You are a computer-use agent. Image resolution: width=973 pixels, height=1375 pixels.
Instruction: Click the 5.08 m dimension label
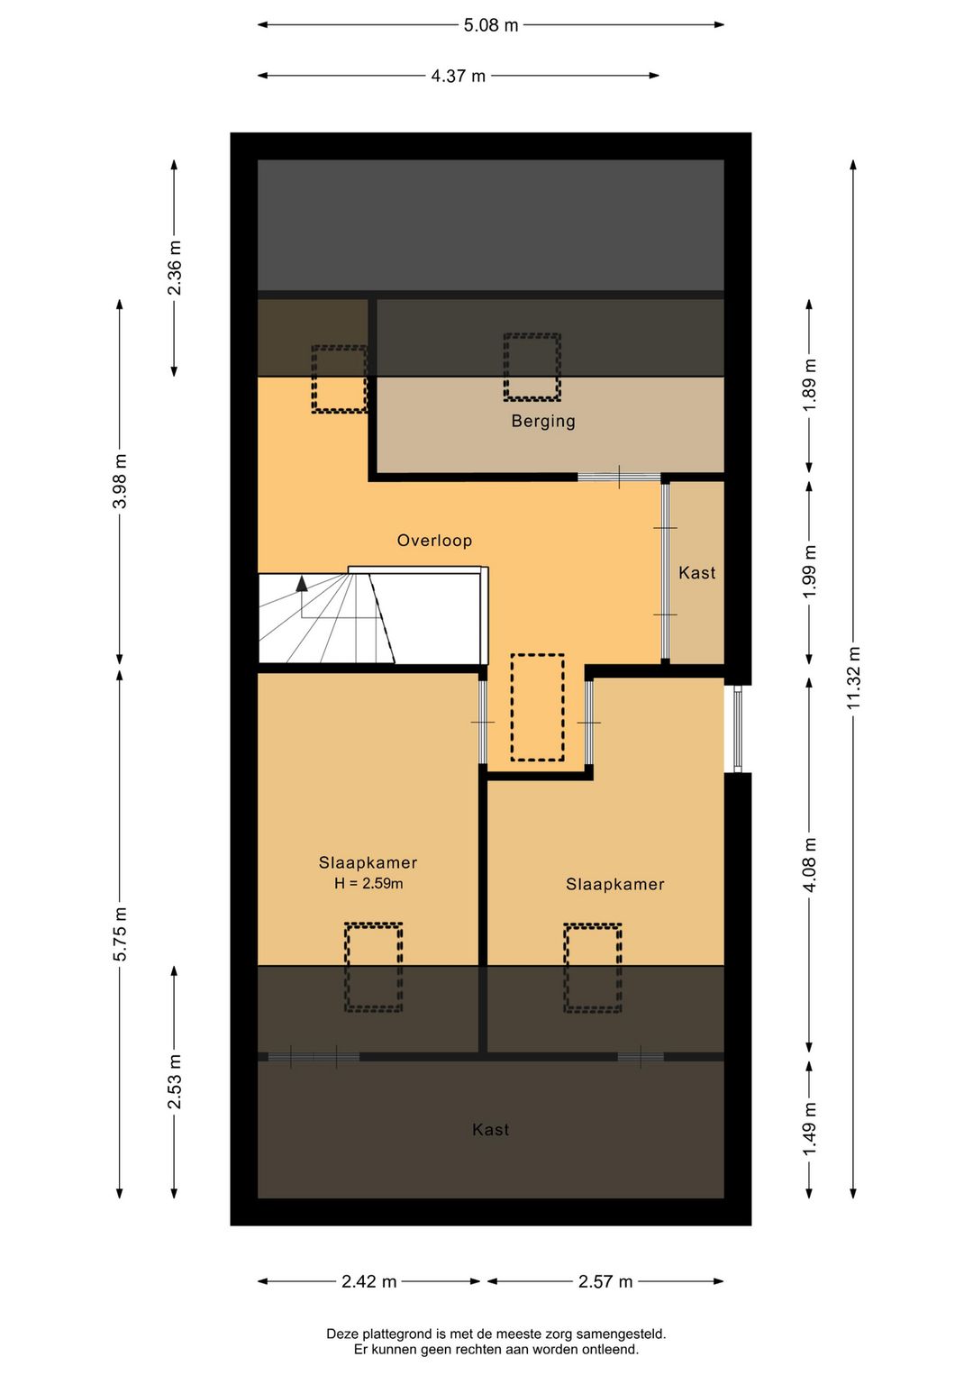coord(490,25)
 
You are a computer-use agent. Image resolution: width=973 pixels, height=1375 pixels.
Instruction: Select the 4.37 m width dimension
coord(458,76)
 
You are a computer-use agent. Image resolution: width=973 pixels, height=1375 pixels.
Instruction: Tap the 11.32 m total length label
coord(853,678)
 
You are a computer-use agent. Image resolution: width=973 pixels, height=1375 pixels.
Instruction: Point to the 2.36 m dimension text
coord(175,268)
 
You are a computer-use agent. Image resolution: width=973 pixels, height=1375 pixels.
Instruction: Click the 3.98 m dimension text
coord(121,481)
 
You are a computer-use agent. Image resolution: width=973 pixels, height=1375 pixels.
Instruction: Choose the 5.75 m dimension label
coord(121,933)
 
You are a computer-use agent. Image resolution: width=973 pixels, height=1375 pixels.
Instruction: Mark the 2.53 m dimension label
coord(175,1081)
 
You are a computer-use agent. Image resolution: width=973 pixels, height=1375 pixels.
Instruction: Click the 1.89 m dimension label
coord(809,387)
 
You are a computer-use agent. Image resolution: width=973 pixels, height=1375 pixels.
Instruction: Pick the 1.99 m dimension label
coord(809,571)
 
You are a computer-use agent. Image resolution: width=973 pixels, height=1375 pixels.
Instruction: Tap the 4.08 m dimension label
coord(809,866)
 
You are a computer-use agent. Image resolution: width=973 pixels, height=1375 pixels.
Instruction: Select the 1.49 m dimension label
coord(809,1127)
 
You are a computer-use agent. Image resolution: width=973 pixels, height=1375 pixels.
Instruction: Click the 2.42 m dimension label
coord(368,1281)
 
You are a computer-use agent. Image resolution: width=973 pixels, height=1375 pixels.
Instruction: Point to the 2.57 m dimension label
coord(605,1281)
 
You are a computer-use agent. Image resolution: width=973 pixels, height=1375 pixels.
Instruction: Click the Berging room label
coord(543,422)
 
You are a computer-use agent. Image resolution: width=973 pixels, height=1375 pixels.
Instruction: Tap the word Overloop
coord(434,541)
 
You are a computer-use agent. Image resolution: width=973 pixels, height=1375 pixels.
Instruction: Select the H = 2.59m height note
coord(368,883)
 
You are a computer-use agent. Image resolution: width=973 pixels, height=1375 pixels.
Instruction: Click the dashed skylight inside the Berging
coord(532,367)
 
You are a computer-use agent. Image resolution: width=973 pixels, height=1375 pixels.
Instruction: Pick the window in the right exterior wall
coord(737,729)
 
